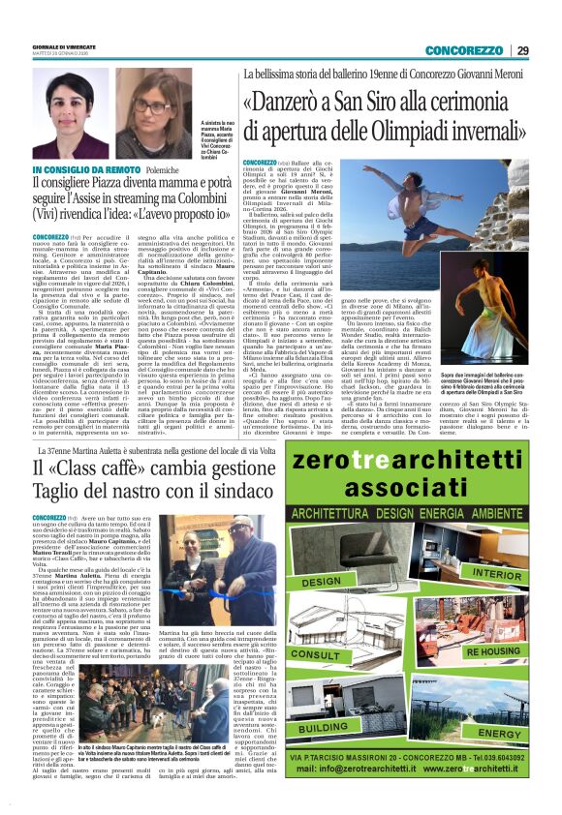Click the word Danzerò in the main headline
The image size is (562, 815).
[296, 104]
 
